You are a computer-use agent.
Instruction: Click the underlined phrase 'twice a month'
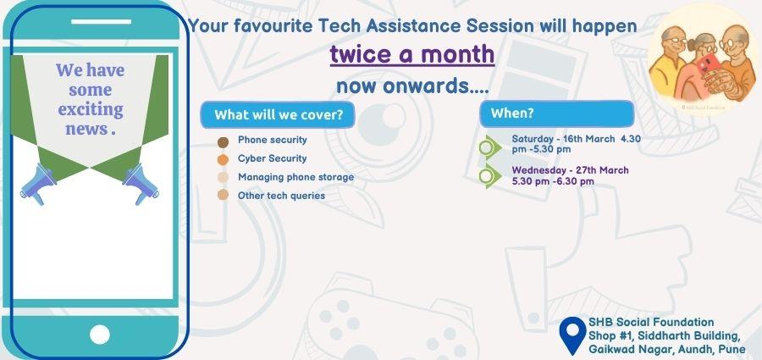[412, 54]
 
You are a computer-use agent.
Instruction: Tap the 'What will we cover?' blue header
[278, 115]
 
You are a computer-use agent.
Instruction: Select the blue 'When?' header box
[556, 114]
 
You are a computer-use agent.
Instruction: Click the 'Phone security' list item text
[272, 140]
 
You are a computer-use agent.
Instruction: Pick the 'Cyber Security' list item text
[272, 158]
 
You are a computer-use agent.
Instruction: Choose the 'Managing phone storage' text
[295, 177]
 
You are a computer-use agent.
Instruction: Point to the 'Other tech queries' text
[281, 196]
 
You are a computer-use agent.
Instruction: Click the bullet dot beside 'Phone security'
[224, 141]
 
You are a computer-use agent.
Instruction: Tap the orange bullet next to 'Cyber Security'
[224, 159]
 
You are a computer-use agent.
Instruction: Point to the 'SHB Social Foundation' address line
[651, 322]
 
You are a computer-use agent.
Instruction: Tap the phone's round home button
[99, 334]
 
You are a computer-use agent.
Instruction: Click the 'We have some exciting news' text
[90, 100]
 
